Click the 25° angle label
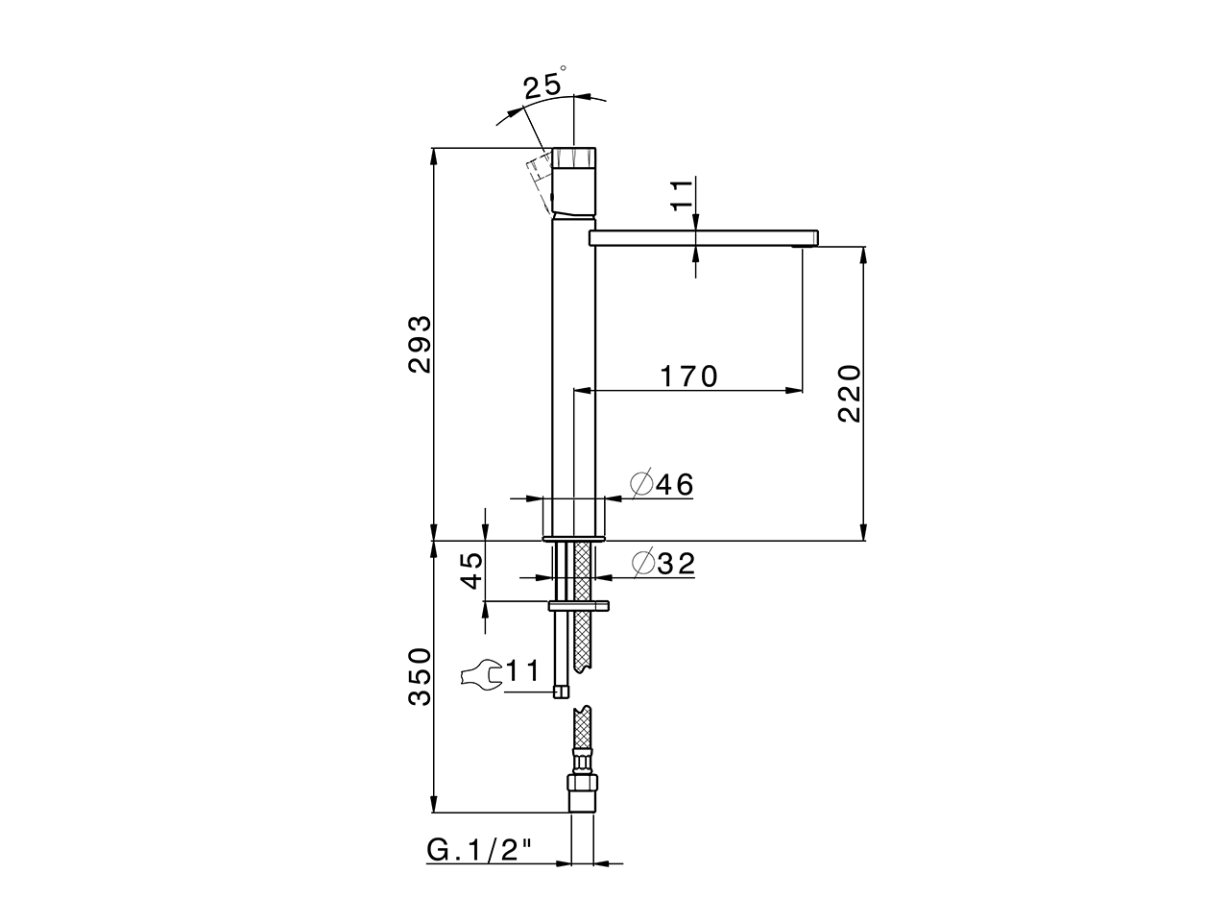pos(544,84)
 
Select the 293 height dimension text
pos(420,344)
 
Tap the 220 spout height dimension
pos(850,394)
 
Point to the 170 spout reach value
pos(688,376)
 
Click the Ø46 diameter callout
pos(662,484)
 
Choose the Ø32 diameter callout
pos(663,563)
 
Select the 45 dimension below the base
pos(471,570)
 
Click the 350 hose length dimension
pos(420,676)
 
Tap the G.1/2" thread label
pos(478,851)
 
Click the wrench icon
pos(481,674)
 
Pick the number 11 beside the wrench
pos(522,670)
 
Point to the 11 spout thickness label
pos(683,194)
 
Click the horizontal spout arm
pos(704,238)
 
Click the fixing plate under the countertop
pos(578,605)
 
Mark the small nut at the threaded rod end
pos(561,691)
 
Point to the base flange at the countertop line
pos(574,539)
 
